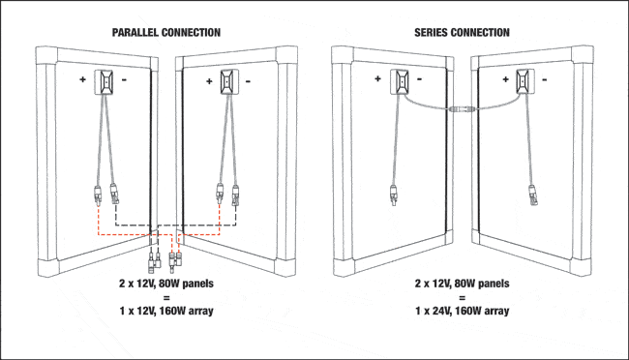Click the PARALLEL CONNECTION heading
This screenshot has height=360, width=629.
point(166,33)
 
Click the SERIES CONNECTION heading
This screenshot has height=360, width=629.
point(462,33)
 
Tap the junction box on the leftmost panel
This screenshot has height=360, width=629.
point(104,82)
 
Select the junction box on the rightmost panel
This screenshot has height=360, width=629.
point(525,81)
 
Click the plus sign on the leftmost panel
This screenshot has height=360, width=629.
point(82,79)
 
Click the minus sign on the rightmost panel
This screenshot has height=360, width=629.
point(545,80)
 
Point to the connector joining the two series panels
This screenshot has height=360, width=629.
point(463,108)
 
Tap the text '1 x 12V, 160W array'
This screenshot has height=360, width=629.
point(166,311)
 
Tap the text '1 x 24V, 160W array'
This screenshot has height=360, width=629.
point(463,311)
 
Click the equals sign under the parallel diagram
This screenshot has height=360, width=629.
point(166,297)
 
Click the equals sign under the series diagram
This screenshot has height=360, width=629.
point(463,297)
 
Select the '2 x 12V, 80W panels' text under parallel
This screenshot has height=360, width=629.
point(166,284)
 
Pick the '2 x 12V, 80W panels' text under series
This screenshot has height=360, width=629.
point(463,284)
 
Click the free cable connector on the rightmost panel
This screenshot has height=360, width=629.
point(533,195)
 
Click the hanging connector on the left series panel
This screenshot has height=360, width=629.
point(394,195)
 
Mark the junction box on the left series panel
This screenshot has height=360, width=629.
point(400,81)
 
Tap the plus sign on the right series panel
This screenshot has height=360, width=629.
point(505,79)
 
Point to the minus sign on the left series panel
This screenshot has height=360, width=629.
point(420,79)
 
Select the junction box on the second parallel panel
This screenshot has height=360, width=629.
point(229,82)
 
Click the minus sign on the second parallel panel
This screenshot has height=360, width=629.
point(248,81)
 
